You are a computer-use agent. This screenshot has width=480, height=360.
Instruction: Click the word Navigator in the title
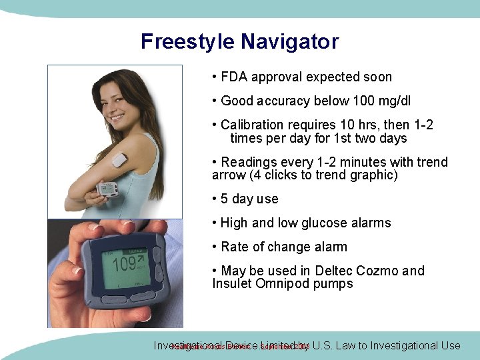click(289, 42)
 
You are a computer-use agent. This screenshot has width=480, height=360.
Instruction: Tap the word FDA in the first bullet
click(233, 77)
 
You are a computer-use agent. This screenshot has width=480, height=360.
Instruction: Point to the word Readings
click(247, 162)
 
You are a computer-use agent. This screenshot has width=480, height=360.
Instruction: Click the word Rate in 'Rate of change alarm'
click(234, 247)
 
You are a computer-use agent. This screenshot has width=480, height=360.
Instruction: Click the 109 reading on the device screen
click(124, 265)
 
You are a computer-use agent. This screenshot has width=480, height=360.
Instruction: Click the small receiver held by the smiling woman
click(107, 189)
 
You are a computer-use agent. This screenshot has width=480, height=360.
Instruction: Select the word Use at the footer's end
click(449, 345)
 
